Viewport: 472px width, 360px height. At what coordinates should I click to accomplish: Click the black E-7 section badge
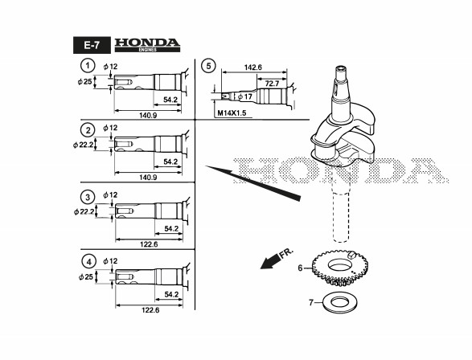(92, 45)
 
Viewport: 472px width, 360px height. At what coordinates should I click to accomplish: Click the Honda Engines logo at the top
(147, 45)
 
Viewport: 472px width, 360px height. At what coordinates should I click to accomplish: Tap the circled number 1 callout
(88, 65)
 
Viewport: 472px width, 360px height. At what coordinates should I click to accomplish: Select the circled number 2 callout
(88, 130)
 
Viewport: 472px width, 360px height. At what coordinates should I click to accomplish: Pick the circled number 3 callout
(88, 198)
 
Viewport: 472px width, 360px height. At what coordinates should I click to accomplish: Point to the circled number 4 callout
(88, 262)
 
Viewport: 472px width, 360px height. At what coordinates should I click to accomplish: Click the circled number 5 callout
(208, 66)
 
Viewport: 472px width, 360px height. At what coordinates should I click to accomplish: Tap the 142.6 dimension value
(252, 67)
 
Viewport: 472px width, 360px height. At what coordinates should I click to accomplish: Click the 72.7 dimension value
(272, 84)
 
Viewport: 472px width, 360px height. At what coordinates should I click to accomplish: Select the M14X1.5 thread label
(232, 113)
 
